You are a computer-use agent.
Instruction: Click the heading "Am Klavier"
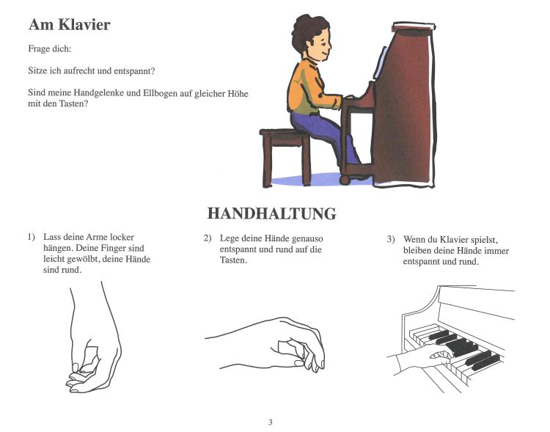[x=69, y=25]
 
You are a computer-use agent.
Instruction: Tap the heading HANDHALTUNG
[x=271, y=213]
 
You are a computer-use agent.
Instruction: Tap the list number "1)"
[x=32, y=238]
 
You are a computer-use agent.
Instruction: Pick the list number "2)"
[x=208, y=238]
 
